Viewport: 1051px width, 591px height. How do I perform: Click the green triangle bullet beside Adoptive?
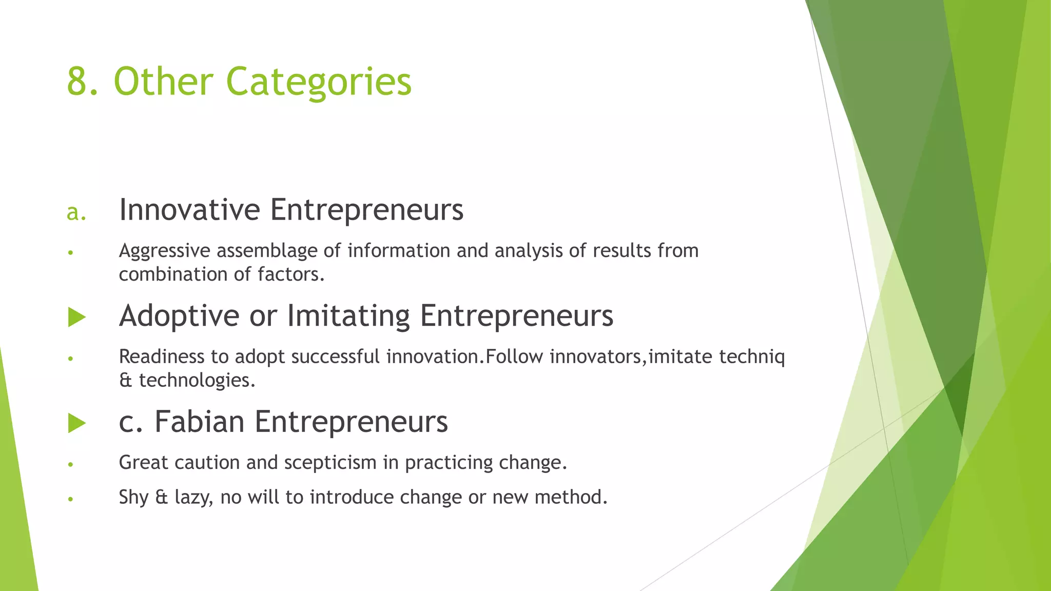(76, 317)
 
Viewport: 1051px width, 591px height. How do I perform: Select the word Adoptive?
(179, 316)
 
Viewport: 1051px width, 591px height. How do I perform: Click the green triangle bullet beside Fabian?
(76, 423)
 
